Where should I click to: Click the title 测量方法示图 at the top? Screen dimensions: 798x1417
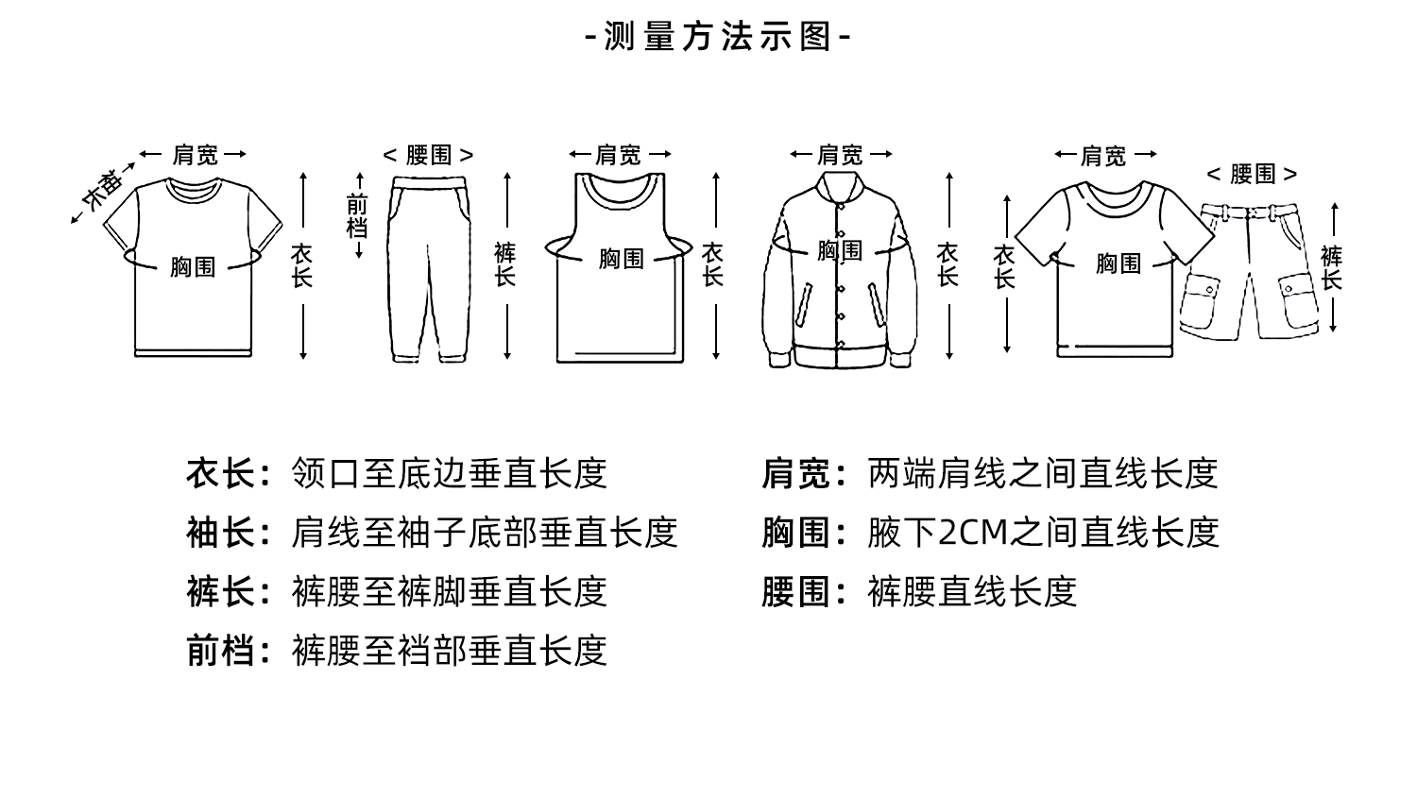coord(718,37)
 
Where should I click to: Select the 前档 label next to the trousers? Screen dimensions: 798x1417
coord(357,215)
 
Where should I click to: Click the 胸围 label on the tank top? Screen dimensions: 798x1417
coord(621,258)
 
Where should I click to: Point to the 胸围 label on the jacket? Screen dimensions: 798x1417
coord(840,250)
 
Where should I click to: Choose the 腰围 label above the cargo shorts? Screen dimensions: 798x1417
coord(1253,174)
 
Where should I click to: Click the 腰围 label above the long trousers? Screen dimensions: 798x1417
coord(429,155)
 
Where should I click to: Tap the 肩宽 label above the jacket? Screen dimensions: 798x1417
coord(840,154)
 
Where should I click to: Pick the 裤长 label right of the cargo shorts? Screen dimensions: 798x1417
coord(1332,268)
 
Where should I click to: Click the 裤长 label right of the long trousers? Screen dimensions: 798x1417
coord(505,264)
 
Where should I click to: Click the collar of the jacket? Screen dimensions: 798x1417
coord(840,187)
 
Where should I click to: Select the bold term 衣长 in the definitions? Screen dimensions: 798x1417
coord(220,473)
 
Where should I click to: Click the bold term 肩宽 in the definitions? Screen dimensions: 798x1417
coord(796,473)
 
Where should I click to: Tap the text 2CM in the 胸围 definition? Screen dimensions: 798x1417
coord(973,533)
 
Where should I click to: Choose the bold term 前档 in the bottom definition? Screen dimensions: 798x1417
coord(220,651)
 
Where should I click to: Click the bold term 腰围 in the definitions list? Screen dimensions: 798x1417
coord(796,592)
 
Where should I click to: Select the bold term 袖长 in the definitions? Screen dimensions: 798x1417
coord(220,533)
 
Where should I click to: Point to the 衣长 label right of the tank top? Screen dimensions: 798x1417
coord(712,264)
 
